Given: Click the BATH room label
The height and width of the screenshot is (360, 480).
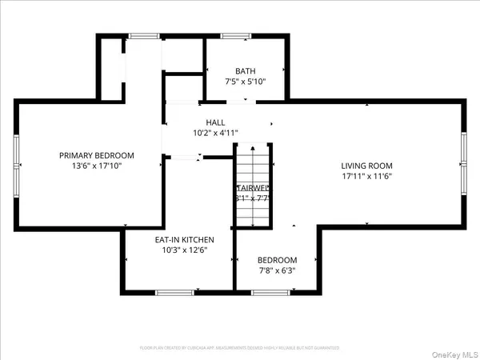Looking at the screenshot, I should [246, 70].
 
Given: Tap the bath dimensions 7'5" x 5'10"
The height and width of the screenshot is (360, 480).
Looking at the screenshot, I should [246, 82].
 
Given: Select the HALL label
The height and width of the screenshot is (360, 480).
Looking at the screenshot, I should [215, 122].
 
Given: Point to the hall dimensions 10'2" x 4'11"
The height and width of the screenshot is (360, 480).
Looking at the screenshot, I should [215, 133].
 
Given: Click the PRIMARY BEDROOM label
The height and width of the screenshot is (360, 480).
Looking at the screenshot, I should [97, 155].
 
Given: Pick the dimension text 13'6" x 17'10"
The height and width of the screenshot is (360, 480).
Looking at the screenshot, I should [97, 166].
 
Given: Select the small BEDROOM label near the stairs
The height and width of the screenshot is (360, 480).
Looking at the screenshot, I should [277, 260].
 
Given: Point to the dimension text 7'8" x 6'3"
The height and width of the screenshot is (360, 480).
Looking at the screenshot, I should [277, 271].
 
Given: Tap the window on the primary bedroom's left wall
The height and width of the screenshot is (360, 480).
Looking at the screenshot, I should [16, 160].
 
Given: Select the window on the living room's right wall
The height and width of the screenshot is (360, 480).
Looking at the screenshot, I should [465, 155].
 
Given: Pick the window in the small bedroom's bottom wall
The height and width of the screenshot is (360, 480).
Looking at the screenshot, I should [273, 293].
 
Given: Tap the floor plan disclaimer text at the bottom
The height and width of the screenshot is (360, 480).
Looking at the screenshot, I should [240, 348].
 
